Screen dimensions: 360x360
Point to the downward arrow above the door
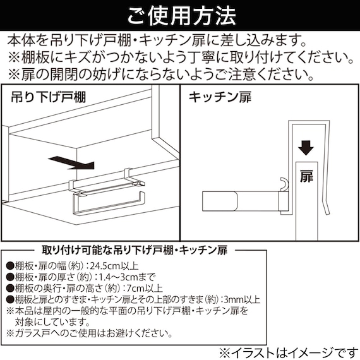(x=306, y=148)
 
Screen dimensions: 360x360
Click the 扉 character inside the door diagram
(x=305, y=174)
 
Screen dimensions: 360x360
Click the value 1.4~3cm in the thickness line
(x=130, y=277)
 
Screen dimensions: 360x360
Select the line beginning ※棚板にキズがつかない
(x=179, y=58)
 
